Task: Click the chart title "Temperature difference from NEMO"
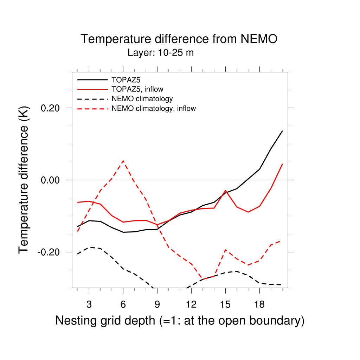click(179, 39)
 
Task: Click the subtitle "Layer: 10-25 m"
click(161, 53)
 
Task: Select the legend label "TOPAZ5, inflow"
click(137, 89)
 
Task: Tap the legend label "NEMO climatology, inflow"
click(153, 108)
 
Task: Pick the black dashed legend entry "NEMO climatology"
click(142, 99)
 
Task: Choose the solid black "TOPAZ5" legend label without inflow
click(123, 80)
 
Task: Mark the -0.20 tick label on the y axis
click(50, 252)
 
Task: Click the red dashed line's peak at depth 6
click(123, 161)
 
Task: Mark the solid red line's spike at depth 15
click(225, 190)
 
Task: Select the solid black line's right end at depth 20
click(282, 131)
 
